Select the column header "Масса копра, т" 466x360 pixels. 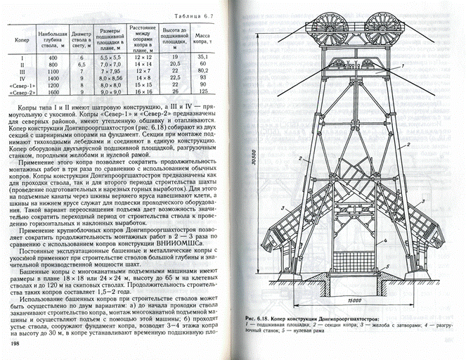205,36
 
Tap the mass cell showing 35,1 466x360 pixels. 205,56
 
